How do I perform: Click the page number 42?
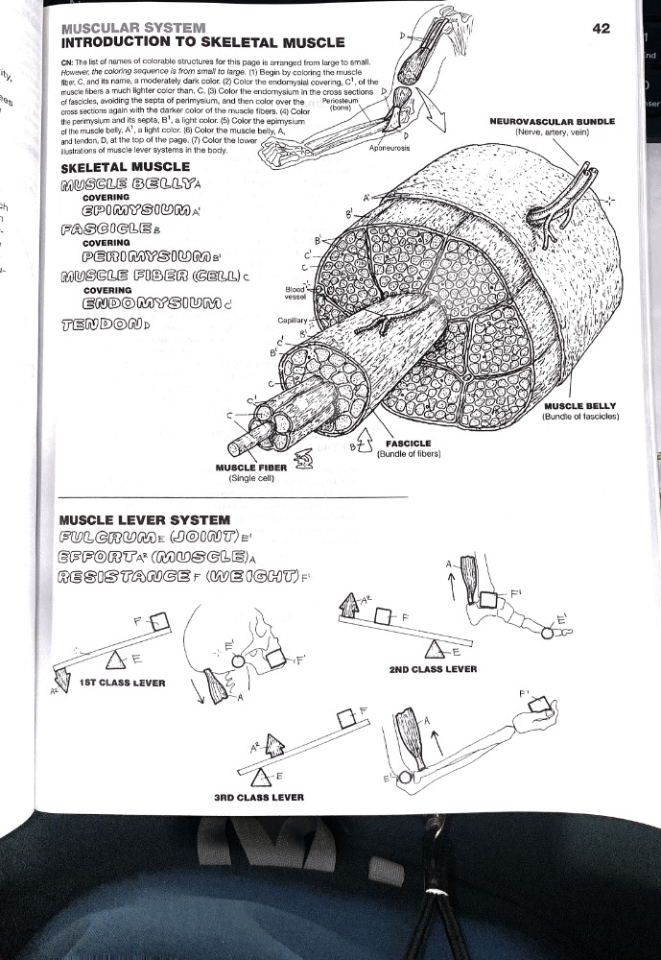click(x=602, y=29)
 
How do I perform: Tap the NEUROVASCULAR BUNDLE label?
click(x=552, y=122)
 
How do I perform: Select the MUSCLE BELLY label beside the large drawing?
click(x=578, y=406)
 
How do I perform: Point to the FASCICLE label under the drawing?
click(x=408, y=444)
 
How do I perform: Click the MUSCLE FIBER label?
click(x=246, y=468)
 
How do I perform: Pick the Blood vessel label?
click(x=295, y=291)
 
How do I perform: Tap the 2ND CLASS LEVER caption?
click(x=433, y=668)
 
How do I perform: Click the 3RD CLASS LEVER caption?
click(x=259, y=797)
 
